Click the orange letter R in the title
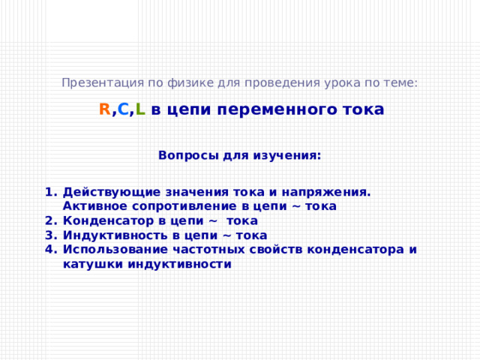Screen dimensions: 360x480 point(105,109)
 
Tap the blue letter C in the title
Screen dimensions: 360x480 point(123,109)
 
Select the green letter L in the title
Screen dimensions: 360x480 point(140,109)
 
